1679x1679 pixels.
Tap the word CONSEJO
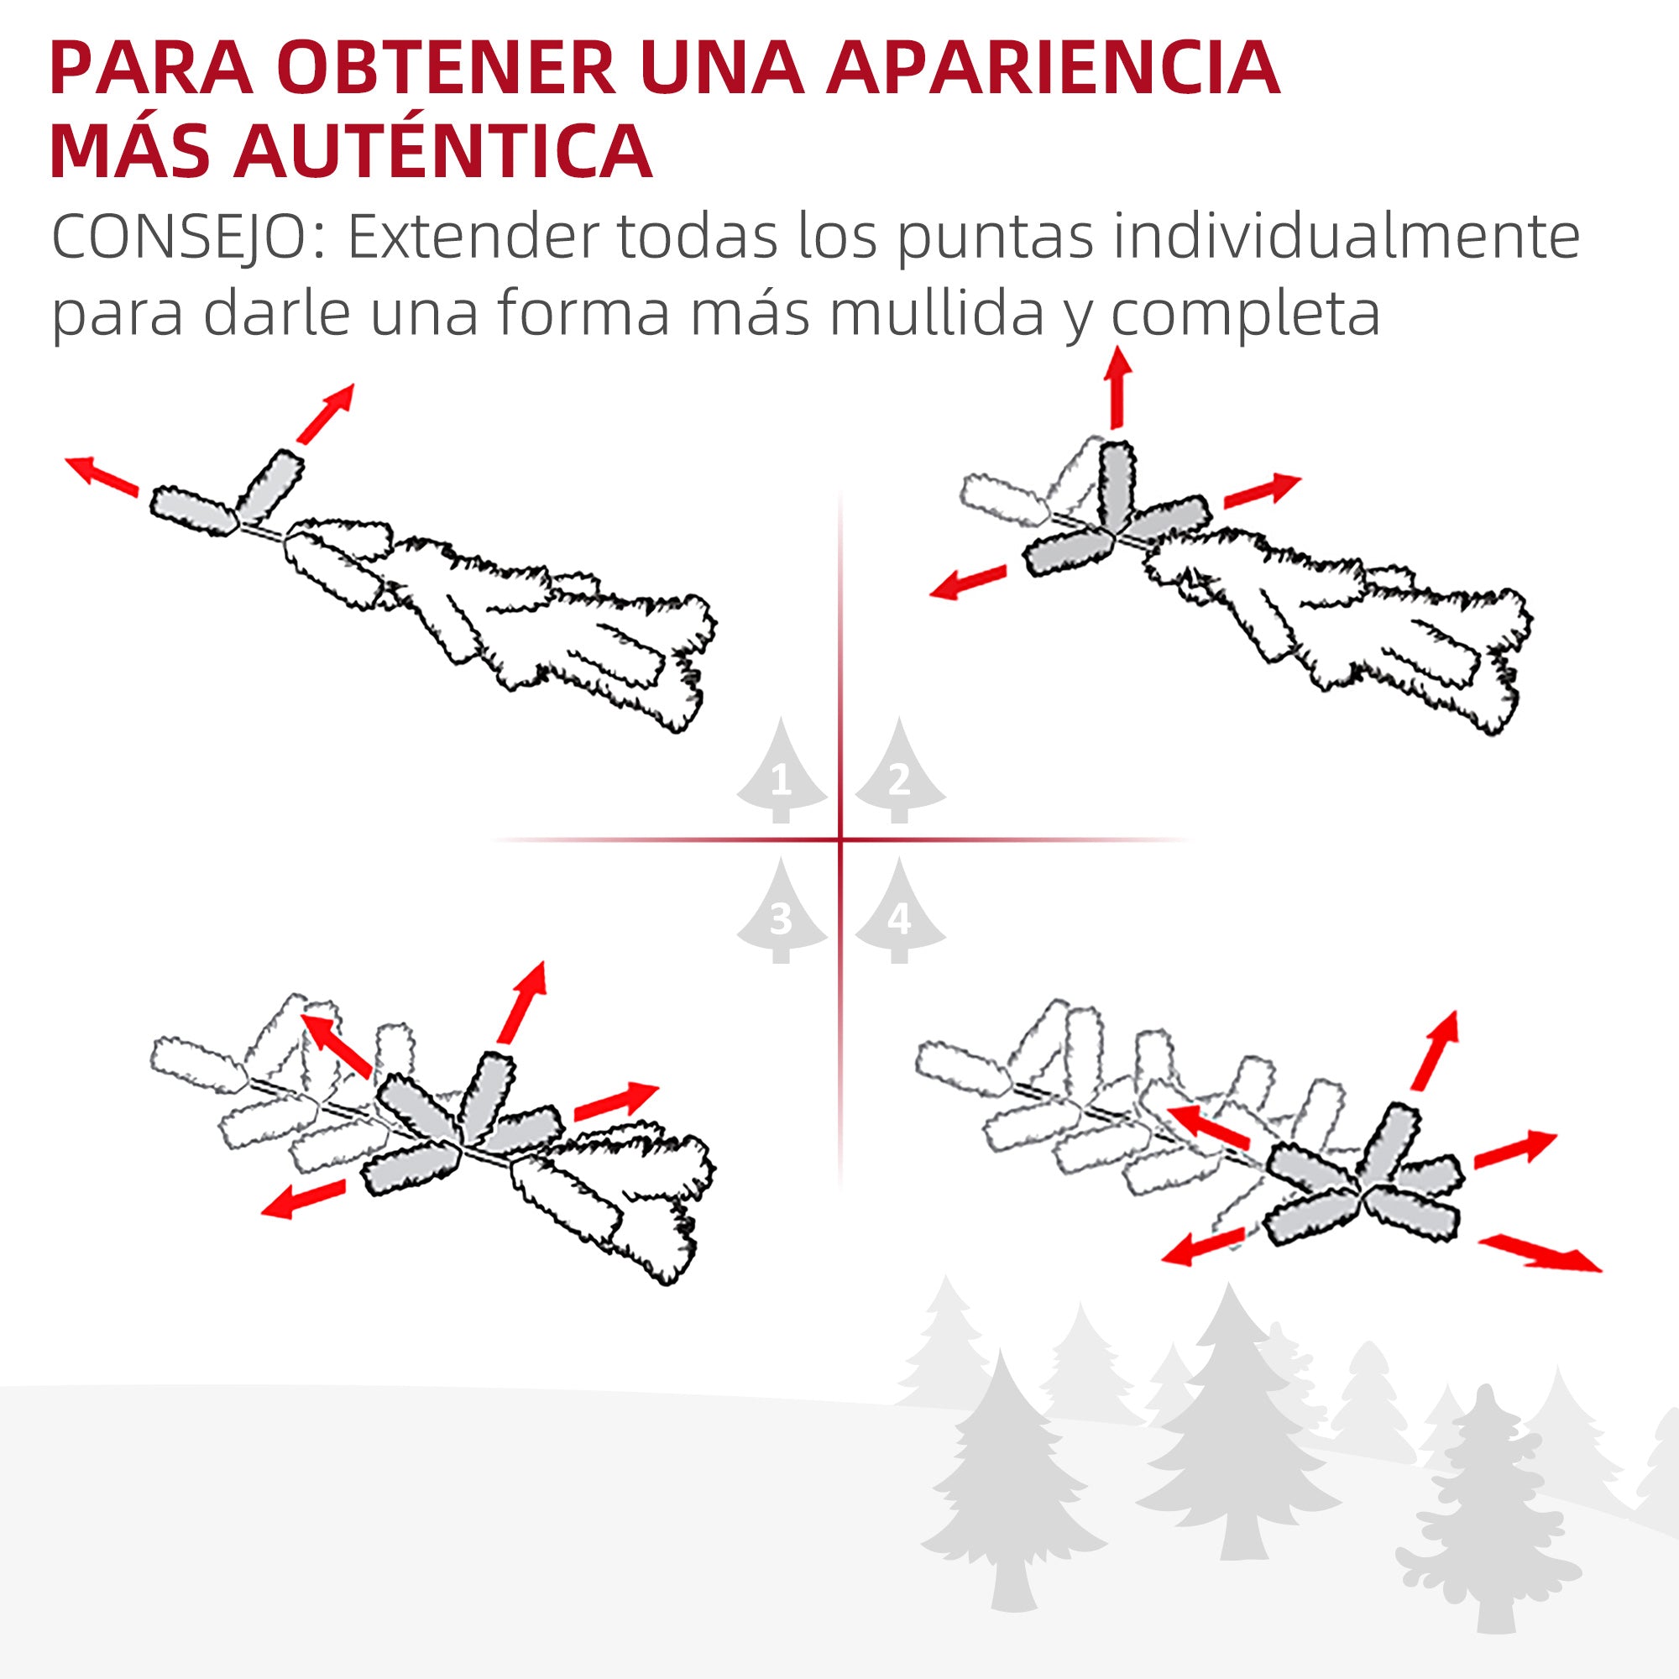[187, 237]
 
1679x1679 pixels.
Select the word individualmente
[1347, 237]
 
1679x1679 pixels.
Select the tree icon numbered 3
[781, 913]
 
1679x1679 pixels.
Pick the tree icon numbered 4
[899, 913]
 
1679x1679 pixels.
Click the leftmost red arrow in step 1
[102, 475]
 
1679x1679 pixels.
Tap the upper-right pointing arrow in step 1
[326, 413]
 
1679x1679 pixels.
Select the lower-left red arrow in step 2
[967, 583]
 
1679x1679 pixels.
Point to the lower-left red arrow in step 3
[303, 1200]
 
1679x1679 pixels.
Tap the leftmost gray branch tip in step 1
[194, 511]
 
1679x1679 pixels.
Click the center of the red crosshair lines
[840, 839]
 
